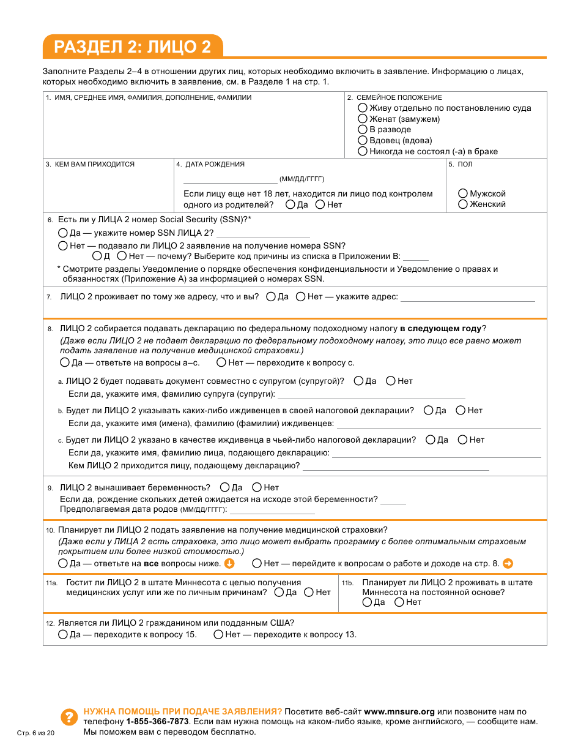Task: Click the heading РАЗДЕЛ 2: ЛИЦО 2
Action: [x=132, y=47]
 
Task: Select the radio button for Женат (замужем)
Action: [x=363, y=119]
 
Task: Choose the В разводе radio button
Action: [x=363, y=129]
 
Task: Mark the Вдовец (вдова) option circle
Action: [x=363, y=140]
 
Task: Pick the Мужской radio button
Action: [x=463, y=193]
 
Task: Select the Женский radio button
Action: [x=463, y=204]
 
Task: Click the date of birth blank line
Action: [x=230, y=180]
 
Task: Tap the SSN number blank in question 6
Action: [x=263, y=234]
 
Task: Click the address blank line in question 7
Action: [x=467, y=298]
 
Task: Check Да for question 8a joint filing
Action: [x=358, y=381]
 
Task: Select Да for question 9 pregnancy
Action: [x=224, y=487]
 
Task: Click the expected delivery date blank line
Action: [x=272, y=510]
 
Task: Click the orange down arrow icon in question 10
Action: [x=229, y=563]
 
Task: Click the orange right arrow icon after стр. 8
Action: [x=508, y=563]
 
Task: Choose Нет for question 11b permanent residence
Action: [x=399, y=602]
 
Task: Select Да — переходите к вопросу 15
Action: [x=63, y=634]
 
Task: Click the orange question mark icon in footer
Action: [x=69, y=717]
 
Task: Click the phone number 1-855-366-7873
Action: [x=157, y=722]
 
